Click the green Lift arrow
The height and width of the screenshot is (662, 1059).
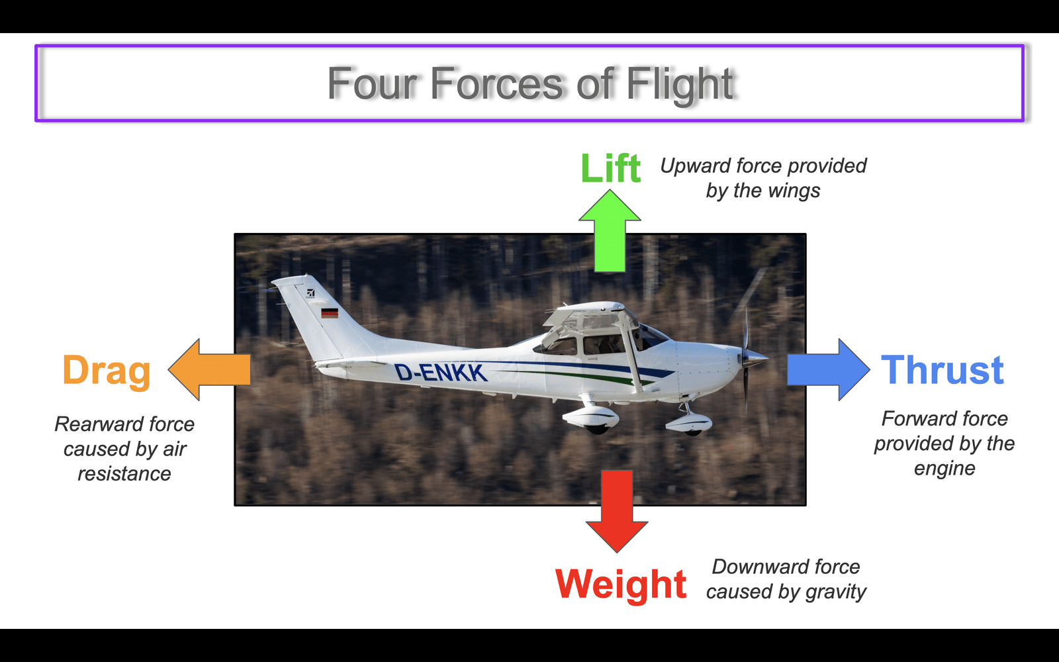(610, 231)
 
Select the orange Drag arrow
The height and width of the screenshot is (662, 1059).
(209, 370)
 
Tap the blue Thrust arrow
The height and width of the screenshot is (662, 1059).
(828, 370)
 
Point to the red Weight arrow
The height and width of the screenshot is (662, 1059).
(617, 511)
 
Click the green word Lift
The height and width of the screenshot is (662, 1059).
(610, 168)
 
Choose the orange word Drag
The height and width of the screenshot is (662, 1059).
(107, 371)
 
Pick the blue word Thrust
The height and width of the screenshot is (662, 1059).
(943, 370)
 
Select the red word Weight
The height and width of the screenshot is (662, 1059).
(621, 585)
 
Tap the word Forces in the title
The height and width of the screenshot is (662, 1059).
(497, 84)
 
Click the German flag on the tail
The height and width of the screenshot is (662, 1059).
(330, 313)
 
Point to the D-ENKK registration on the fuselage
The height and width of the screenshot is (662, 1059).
(440, 373)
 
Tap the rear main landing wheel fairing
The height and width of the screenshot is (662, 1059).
(591, 418)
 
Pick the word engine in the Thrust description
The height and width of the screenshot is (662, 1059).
(944, 469)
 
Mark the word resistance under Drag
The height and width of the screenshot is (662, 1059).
(124, 474)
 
